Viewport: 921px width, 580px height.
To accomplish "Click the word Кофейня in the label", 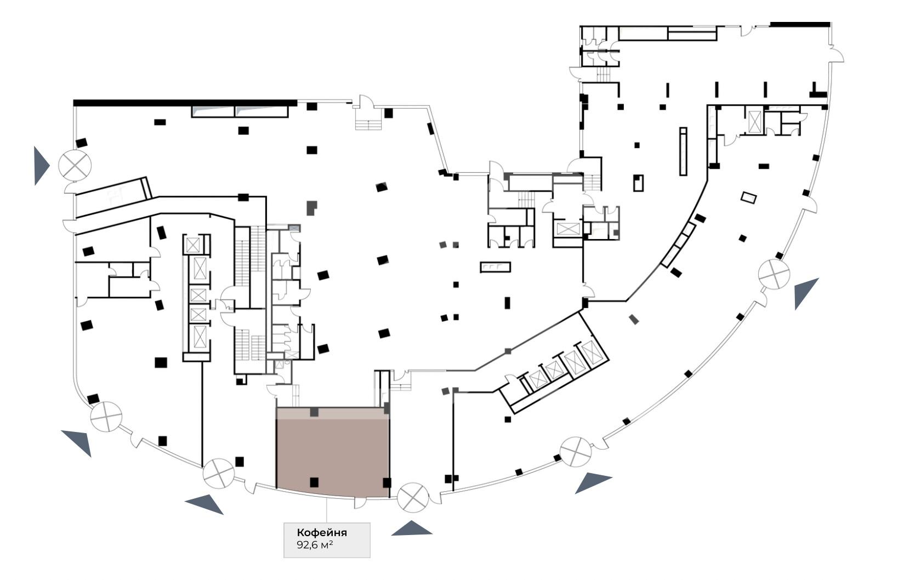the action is coord(322,533).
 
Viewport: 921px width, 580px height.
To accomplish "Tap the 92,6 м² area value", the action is coord(315,545).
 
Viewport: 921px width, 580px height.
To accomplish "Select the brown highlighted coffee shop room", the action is coord(333,453).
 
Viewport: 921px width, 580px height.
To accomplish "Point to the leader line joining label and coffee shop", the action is coord(327,510).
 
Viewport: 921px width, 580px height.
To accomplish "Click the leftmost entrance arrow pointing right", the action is coord(41,166).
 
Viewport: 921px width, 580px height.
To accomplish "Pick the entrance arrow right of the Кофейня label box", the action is coord(412,528).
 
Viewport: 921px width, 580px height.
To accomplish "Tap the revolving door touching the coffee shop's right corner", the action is coord(413,497).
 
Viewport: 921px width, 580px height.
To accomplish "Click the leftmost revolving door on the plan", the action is coord(75,165).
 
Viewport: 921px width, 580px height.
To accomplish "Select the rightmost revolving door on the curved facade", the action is coord(774,274).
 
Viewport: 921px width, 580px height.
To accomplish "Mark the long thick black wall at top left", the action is coord(185,103).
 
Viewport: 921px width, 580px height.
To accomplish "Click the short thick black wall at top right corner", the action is coord(800,24).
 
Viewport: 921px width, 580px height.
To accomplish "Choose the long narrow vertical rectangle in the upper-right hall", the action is coord(683,151).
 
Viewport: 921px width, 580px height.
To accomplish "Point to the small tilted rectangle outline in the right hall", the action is coord(748,198).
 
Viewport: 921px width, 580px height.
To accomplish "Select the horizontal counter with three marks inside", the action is coord(496,267).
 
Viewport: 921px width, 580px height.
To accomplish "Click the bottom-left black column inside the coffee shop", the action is coord(314,482).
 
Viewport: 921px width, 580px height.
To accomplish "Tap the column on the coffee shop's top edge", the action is coord(314,412).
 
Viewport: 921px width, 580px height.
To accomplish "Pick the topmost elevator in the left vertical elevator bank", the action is coord(192,246).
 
